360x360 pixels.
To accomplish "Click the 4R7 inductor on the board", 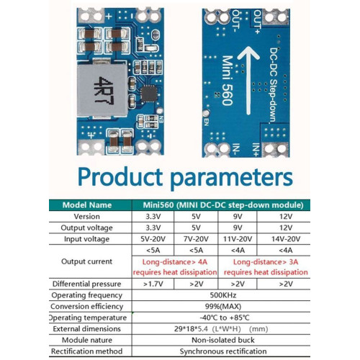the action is click(102, 90).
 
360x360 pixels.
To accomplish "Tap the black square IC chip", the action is click(149, 94).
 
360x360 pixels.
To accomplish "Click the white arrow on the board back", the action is click(248, 80).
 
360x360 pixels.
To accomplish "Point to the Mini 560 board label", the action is click(227, 81).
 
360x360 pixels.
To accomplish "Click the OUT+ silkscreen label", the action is click(257, 22).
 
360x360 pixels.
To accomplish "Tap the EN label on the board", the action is click(206, 122).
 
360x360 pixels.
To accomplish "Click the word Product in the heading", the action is click(120, 176).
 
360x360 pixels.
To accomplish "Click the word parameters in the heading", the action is click(232, 179).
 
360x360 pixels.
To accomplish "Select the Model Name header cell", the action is click(87, 205).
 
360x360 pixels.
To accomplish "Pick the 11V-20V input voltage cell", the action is click(238, 239).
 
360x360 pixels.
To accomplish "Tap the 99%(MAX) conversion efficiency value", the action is click(223, 306).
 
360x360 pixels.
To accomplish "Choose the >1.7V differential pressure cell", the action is click(153, 284).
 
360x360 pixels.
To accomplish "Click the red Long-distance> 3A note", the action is click(266, 262).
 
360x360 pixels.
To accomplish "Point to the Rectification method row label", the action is click(86, 351).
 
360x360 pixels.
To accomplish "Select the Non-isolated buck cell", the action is click(223, 340).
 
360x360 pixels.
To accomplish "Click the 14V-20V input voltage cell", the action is click(286, 239).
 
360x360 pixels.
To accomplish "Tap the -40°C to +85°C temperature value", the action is click(225, 318).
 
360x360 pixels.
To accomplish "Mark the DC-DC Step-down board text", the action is click(274, 86).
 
